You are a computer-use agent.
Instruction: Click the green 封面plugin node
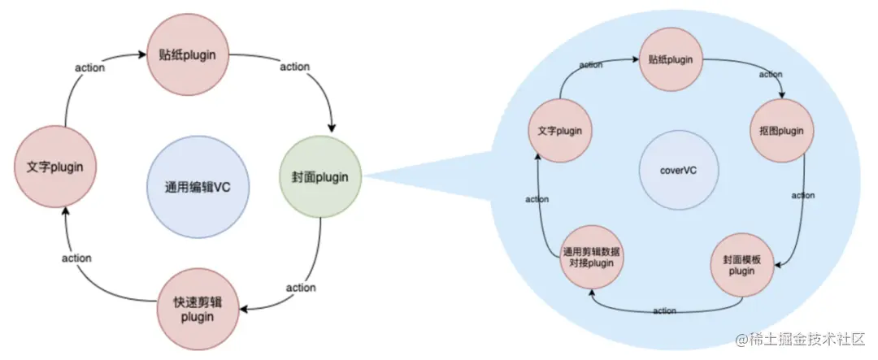coord(321,176)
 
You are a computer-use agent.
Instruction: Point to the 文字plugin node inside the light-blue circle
coord(559,131)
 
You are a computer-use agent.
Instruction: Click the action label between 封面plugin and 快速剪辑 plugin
coord(301,288)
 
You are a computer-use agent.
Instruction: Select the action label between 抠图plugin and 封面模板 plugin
coord(803,196)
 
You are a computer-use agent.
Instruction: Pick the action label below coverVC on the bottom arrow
coord(664,310)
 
